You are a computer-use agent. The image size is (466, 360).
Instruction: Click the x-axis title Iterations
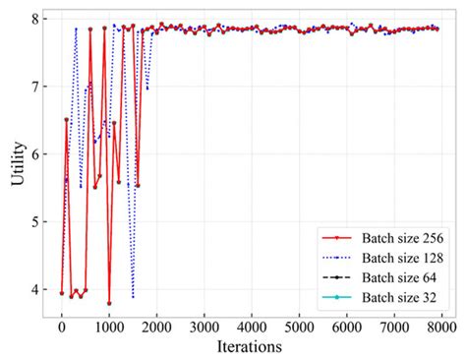coord(252,347)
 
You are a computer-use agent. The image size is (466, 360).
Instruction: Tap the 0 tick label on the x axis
coord(62,327)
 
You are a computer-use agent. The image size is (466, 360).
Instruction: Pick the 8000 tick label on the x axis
coord(441,327)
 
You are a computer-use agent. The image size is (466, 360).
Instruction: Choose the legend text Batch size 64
coord(399,276)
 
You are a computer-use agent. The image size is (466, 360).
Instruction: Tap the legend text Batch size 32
coord(399,296)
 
